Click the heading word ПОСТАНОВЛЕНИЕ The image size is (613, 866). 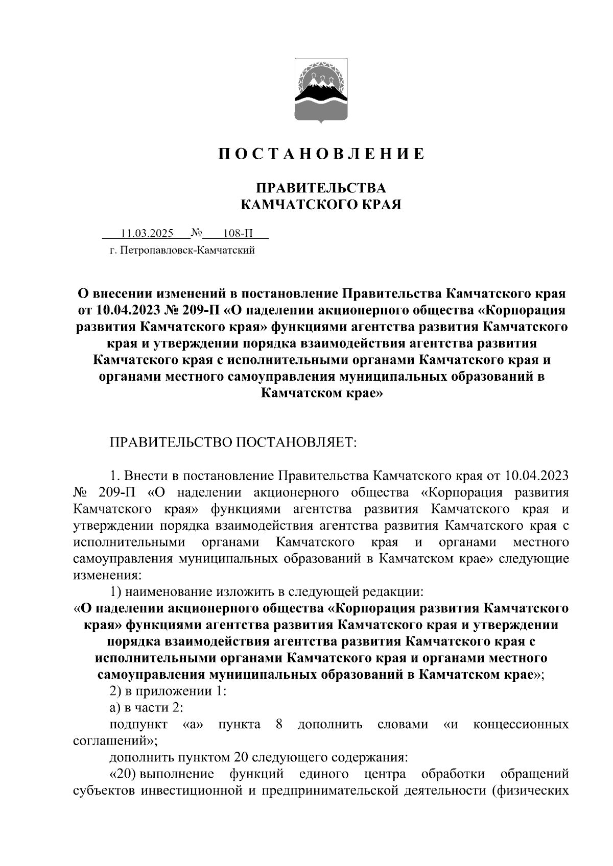coord(321,154)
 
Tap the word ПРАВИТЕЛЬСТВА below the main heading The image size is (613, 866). coord(321,188)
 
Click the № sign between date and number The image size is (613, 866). coord(197,234)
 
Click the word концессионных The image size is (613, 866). coord(521,725)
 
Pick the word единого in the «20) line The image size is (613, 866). coord(324,775)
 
